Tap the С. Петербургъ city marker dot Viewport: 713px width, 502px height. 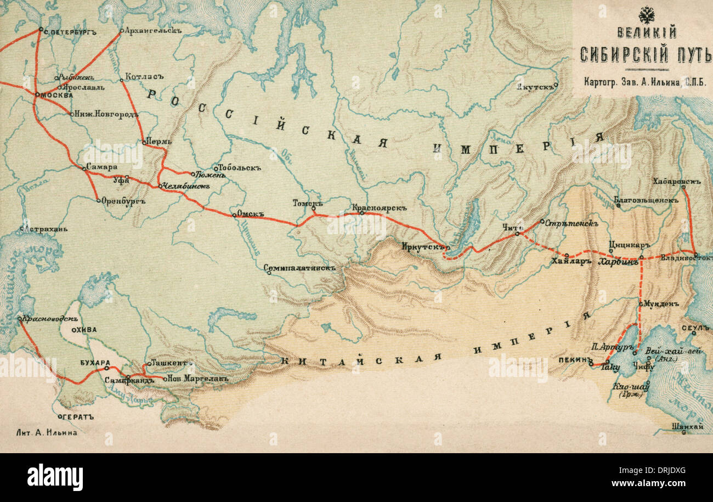point(41,29)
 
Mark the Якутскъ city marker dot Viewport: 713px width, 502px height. point(556,85)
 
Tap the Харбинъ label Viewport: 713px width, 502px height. point(618,262)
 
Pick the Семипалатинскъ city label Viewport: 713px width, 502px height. point(299,269)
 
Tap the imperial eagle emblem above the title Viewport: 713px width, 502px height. point(647,14)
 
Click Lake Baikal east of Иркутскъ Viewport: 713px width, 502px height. point(469,225)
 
